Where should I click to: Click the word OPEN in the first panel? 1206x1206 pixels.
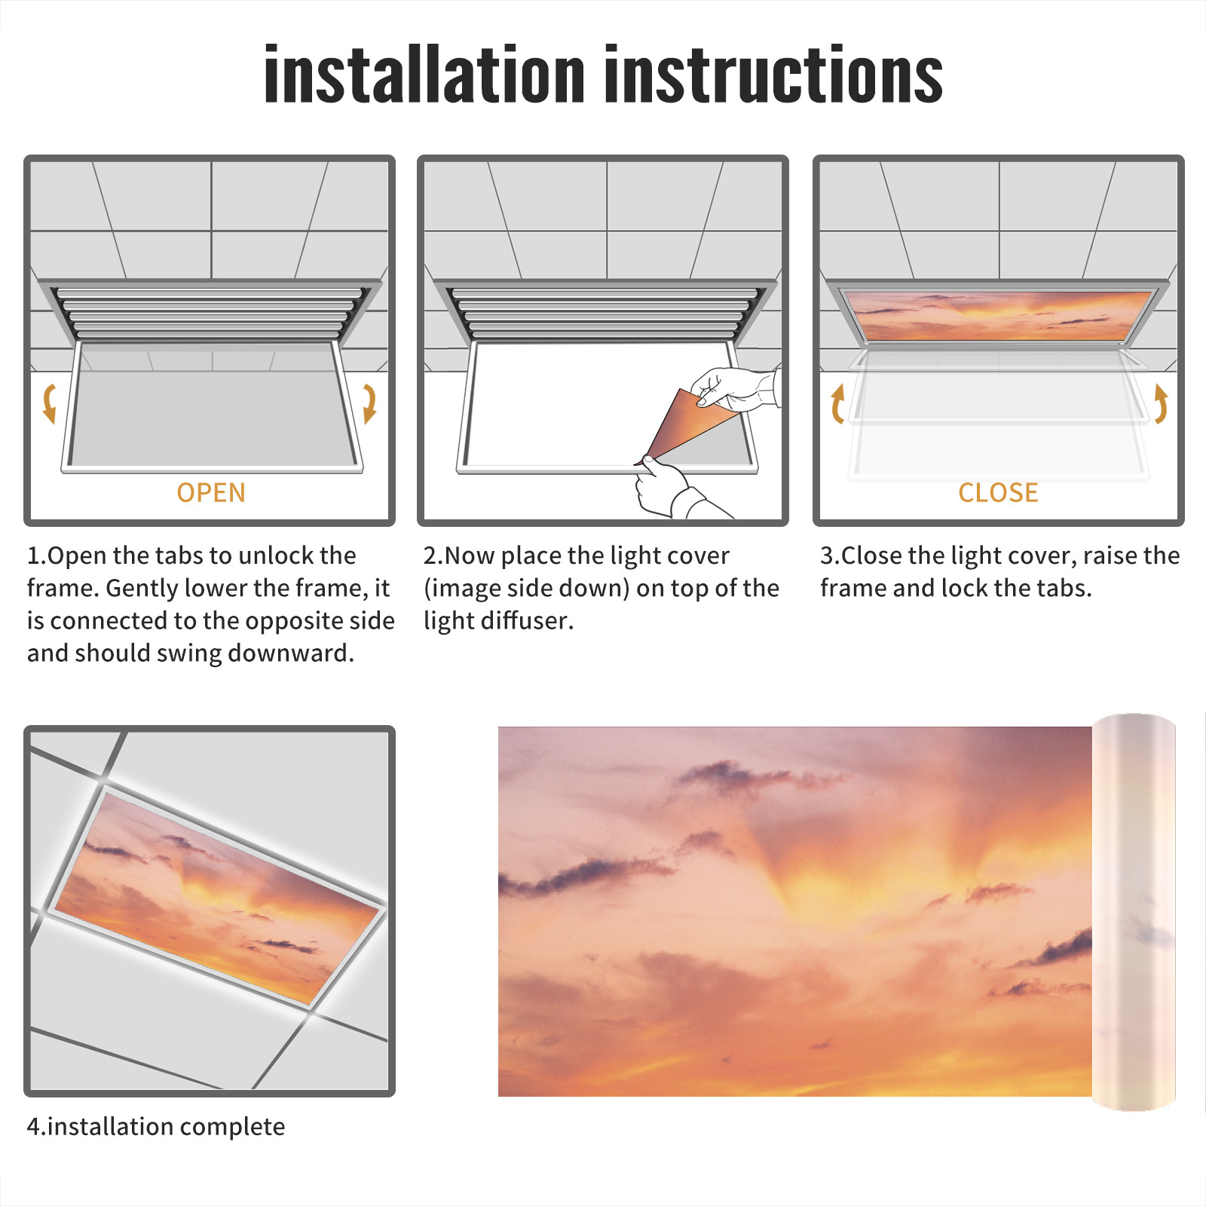(x=211, y=493)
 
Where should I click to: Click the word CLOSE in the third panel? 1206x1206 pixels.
(x=998, y=493)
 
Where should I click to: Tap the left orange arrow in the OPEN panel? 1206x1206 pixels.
(x=50, y=403)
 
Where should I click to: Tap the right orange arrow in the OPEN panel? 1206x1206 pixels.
(x=369, y=403)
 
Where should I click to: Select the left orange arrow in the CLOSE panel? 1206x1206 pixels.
(x=837, y=404)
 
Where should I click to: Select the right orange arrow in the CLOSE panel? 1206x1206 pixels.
(x=1161, y=404)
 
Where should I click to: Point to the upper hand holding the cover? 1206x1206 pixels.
(x=735, y=389)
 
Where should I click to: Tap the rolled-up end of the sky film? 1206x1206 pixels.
(x=1134, y=912)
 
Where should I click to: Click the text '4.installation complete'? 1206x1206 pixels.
(x=156, y=1127)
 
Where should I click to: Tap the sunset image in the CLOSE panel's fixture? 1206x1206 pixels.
(x=998, y=316)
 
